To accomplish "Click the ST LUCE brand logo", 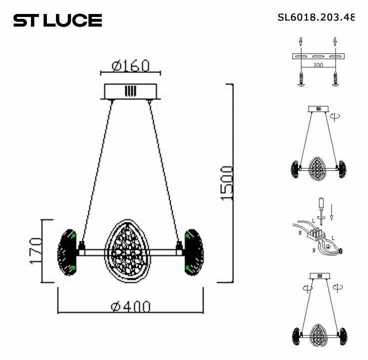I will (x=57, y=20).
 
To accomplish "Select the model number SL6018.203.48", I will (x=316, y=17).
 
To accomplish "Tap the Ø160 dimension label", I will (x=130, y=65).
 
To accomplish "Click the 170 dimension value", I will (x=35, y=251).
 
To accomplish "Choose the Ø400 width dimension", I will (x=130, y=306).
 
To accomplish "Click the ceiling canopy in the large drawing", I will (x=130, y=91).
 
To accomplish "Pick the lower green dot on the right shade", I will (x=187, y=268).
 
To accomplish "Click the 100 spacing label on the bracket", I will (x=318, y=65).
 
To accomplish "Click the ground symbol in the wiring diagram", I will (x=328, y=246).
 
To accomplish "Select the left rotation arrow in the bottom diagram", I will (x=306, y=288).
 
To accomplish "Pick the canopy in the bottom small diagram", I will (x=318, y=276).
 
